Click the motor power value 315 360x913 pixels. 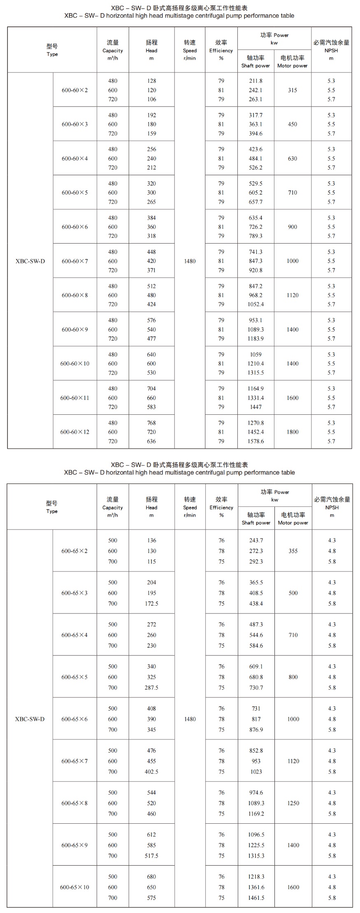pos(293,90)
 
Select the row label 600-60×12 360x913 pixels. pos(75,432)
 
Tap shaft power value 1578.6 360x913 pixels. pos(255,441)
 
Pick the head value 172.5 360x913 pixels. pos(151,604)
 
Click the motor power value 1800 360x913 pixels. pos(293,432)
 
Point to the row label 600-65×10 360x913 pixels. pos(74,887)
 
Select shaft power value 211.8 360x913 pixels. pos(255,81)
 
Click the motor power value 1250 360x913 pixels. pos(293,803)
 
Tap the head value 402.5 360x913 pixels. pos(151,772)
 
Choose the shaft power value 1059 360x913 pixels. pos(255,354)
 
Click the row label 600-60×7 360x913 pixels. pos(75,261)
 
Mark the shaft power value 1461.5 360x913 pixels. pos(256,898)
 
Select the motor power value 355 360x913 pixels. pos(293,551)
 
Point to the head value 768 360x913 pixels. pos(151,423)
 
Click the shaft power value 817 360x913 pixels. pos(256,719)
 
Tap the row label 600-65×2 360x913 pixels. pos(74,551)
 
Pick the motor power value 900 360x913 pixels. pos(293,227)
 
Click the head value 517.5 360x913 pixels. pos(151,856)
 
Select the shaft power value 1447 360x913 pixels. pos(255,407)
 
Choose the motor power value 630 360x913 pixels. pos(293,158)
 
